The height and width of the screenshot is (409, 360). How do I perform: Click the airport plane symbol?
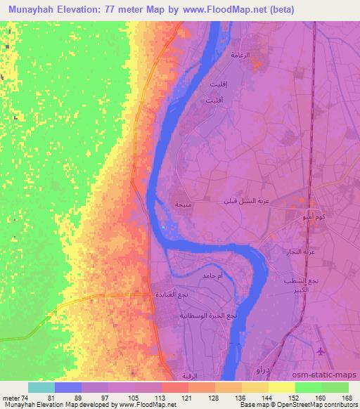coord(322,351)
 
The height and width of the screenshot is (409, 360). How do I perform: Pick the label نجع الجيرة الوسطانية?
coord(214,315)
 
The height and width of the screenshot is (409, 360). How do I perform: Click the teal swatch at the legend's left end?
coord(41,387)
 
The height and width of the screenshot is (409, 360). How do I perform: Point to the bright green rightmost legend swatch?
coord(335,387)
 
